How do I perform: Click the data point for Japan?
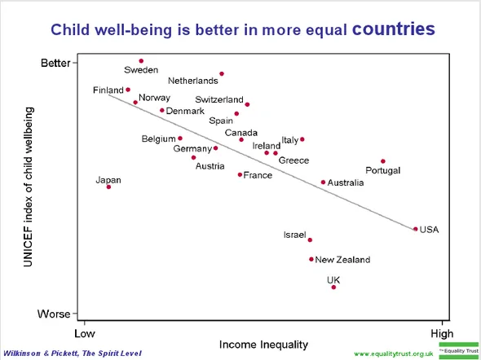[x=108, y=187]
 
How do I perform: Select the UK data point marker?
[x=333, y=287]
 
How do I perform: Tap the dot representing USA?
[x=416, y=229]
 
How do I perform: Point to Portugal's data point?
[x=383, y=161]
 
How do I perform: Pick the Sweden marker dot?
[x=141, y=61]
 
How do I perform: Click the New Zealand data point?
[x=311, y=259]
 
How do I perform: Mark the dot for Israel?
[x=310, y=239]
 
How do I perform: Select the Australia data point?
[x=323, y=182]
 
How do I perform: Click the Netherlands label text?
[x=193, y=81]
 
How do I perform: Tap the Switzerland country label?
[x=219, y=100]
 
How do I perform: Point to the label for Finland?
[x=108, y=90]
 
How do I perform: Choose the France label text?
[x=258, y=175]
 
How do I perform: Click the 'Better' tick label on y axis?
[x=55, y=63]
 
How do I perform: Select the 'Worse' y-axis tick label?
[x=55, y=314]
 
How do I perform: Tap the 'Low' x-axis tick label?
[x=85, y=333]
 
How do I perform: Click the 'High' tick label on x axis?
[x=442, y=333]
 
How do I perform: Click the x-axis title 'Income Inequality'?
[x=263, y=344]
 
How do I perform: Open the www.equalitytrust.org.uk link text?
[x=393, y=353]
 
